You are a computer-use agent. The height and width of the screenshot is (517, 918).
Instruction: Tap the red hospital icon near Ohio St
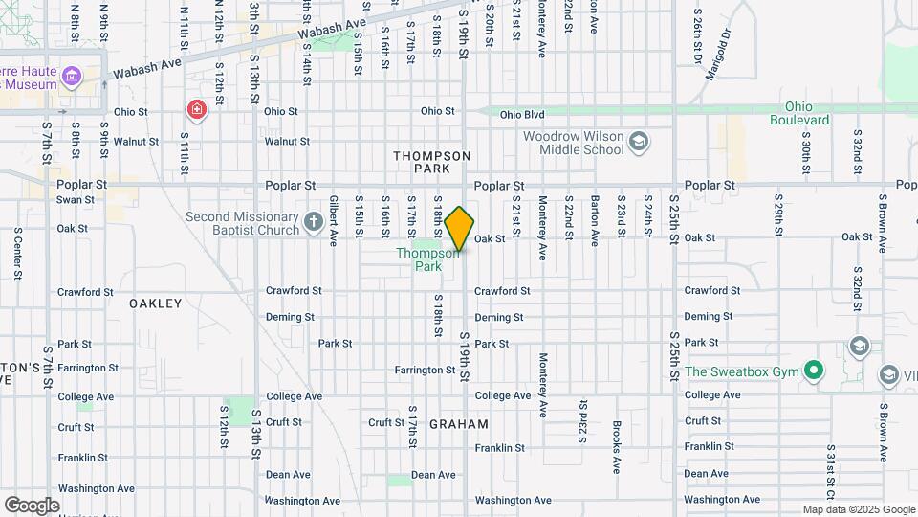point(197,111)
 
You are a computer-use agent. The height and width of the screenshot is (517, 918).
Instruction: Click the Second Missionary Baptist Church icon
point(313,224)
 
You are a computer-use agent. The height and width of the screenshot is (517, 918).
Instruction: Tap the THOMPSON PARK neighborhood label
point(431,161)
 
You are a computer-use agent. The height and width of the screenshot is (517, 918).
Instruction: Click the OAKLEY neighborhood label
point(155,303)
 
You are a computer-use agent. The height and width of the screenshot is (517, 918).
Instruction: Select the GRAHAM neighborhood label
point(459,424)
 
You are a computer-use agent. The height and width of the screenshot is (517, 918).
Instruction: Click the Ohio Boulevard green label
point(799,113)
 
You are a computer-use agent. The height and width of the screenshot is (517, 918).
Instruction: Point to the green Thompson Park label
point(420,259)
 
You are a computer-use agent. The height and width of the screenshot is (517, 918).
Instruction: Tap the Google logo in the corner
point(32,505)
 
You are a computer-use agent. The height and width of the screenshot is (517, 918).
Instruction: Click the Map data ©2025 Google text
point(858,509)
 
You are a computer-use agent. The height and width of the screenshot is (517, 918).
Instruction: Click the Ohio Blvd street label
point(522,114)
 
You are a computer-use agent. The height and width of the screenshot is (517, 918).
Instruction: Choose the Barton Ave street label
point(594,221)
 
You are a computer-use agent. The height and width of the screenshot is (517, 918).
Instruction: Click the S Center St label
point(17,253)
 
